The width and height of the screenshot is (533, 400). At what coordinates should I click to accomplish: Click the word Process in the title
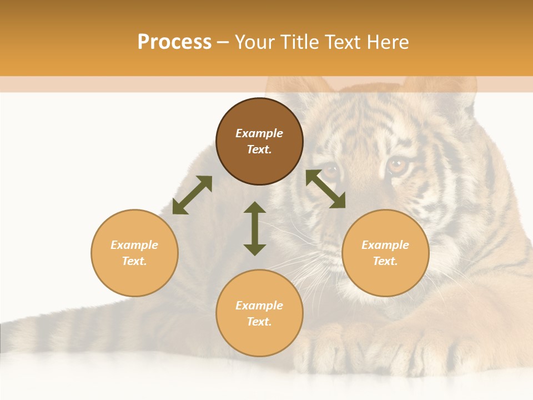[174, 42]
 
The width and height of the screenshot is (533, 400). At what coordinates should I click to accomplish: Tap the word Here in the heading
[385, 42]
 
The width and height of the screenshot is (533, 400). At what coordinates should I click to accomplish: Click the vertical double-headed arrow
[255, 228]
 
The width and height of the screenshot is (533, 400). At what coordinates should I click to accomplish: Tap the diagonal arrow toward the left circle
[192, 195]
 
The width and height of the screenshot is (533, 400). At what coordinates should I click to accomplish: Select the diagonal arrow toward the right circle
[325, 189]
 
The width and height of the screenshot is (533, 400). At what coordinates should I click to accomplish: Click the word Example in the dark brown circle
[259, 133]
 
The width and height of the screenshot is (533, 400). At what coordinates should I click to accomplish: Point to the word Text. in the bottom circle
[259, 322]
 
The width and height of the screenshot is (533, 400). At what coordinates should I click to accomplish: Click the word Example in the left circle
[134, 245]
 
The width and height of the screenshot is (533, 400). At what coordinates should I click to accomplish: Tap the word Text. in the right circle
[385, 261]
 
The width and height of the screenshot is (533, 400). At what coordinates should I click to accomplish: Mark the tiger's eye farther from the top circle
[398, 164]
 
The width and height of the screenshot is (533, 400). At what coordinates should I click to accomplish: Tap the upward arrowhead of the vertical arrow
[255, 208]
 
